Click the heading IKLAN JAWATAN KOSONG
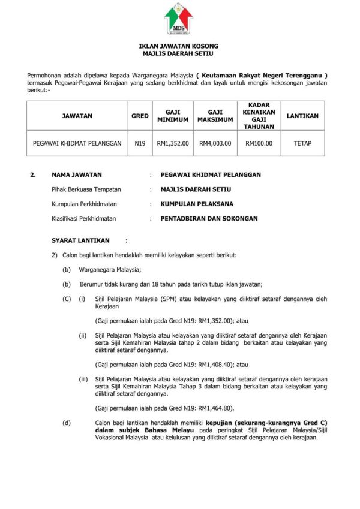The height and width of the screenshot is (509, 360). (179, 46)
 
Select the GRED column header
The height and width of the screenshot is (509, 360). (140, 116)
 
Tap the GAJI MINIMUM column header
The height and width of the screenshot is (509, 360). (173, 116)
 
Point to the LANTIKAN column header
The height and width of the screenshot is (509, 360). (303, 116)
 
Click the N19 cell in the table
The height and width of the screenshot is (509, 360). (140, 144)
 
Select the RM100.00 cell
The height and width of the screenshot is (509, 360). (259, 144)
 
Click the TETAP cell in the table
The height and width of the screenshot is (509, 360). (303, 144)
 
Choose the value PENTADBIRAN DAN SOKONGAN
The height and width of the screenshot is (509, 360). (209, 219)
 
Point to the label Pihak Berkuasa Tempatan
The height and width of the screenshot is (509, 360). (86, 189)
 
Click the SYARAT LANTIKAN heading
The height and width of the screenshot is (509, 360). (80, 240)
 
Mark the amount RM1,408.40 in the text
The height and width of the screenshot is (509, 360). (214, 364)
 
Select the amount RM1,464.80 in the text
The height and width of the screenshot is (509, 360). (214, 408)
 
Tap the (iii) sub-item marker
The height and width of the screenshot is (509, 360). (83, 379)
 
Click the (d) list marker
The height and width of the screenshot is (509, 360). (66, 423)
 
